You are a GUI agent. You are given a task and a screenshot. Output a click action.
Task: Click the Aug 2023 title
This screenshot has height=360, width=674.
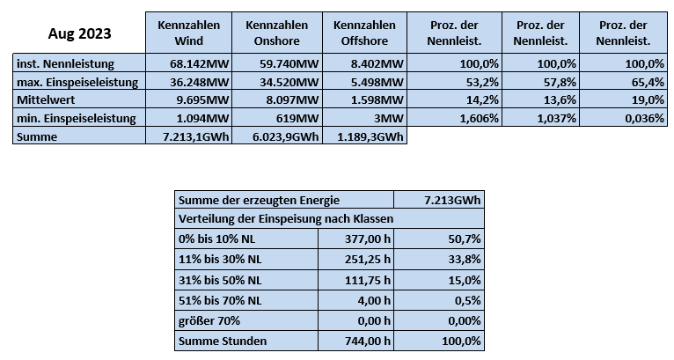click(79, 33)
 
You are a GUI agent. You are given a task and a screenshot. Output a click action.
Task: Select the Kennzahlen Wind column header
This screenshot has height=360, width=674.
click(188, 33)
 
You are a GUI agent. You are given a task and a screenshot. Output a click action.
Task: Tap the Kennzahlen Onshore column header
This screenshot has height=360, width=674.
click(277, 33)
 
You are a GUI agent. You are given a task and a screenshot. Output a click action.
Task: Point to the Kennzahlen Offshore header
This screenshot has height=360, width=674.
click(364, 33)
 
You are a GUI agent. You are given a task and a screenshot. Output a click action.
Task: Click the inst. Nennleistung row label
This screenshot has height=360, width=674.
click(65, 63)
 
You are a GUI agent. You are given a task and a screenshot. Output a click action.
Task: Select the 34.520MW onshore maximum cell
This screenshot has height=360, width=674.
click(289, 82)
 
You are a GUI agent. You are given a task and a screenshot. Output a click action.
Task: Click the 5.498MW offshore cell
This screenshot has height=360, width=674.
click(377, 82)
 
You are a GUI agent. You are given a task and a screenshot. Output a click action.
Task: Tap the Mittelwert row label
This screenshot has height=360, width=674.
click(46, 99)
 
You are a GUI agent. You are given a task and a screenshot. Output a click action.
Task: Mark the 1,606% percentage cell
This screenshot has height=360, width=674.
click(480, 118)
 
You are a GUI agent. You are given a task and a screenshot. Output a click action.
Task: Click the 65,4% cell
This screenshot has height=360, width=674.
click(648, 82)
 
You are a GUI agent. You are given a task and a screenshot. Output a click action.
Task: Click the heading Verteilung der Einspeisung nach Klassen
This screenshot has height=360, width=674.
click(286, 218)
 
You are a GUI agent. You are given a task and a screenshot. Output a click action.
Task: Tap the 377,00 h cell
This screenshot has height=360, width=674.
click(368, 239)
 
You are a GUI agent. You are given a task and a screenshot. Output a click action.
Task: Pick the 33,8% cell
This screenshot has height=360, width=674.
click(465, 260)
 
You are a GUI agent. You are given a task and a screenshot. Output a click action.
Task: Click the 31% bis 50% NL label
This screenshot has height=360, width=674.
click(220, 280)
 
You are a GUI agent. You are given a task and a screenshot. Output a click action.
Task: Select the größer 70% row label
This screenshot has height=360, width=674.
click(209, 321)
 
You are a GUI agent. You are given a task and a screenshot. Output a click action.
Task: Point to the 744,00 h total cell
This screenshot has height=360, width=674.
click(368, 341)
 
